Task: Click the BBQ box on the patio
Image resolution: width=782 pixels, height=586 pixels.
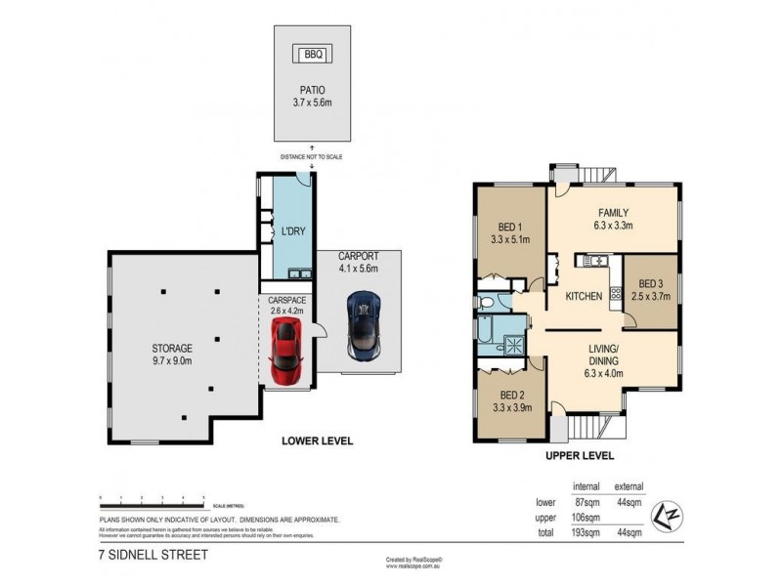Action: pyautogui.click(x=313, y=54)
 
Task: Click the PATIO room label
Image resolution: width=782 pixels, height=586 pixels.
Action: pyautogui.click(x=313, y=93)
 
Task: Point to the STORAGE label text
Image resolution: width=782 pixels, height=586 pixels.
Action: pyautogui.click(x=171, y=348)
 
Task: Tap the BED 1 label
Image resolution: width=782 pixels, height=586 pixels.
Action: pyautogui.click(x=510, y=224)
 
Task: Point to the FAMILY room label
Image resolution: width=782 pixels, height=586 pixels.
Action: pyautogui.click(x=613, y=213)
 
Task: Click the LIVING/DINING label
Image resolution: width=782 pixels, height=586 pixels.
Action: pyautogui.click(x=602, y=353)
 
